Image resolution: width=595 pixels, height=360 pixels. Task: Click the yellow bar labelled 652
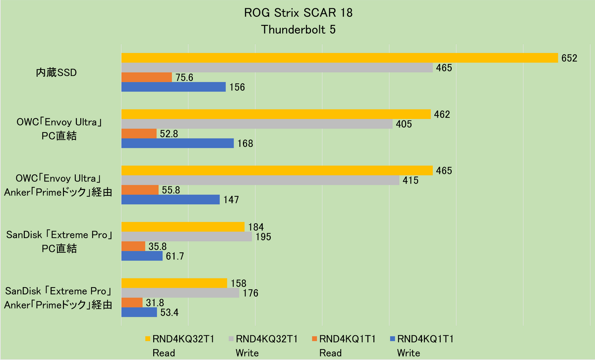pos(340,58)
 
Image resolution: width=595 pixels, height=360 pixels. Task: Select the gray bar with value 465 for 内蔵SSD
pos(277,67)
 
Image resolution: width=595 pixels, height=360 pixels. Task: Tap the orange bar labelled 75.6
pos(147,77)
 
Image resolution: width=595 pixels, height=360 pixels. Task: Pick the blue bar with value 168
pos(178,143)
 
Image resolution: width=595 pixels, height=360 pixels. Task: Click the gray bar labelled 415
pos(260,180)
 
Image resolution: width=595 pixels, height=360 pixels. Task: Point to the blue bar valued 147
pos(171,200)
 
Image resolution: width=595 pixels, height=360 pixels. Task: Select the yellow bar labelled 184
pos(183,227)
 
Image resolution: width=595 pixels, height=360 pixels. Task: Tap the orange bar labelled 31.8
pos(132,302)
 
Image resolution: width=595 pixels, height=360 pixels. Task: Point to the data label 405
pos(403,124)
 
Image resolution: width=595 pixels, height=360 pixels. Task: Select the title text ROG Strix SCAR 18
pos(298,13)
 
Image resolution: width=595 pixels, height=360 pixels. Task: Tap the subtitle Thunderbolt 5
pos(298,29)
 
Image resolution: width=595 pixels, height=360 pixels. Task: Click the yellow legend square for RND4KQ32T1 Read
pos(148,340)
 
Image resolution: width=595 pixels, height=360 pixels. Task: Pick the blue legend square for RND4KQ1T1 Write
pos(392,340)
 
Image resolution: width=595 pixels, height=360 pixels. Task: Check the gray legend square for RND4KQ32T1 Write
pos(230,340)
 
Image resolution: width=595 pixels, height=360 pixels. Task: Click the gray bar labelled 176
pos(180,293)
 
